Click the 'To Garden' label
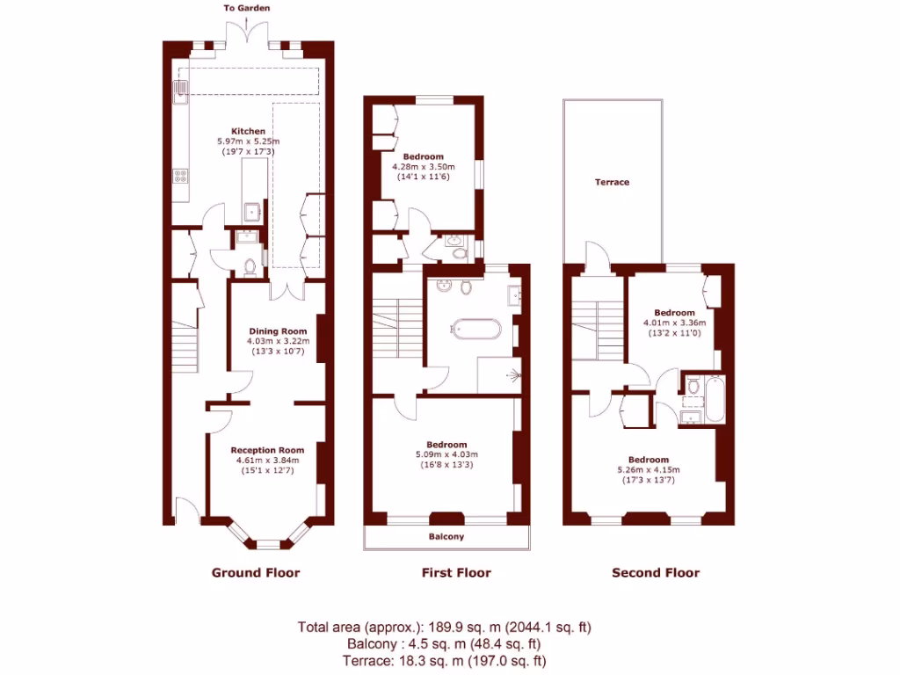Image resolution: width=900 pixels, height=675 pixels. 246,8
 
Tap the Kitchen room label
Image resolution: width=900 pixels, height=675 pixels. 248,131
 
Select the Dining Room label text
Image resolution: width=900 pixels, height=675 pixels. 275,331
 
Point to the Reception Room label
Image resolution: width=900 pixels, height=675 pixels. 267,450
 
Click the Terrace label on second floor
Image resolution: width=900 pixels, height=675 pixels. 612,182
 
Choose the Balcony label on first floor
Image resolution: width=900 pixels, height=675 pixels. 446,536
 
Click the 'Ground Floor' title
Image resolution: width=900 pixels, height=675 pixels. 256,573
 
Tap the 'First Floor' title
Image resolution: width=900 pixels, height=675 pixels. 456,573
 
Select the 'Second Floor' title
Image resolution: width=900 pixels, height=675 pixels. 656,573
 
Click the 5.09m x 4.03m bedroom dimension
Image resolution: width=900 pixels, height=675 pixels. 446,454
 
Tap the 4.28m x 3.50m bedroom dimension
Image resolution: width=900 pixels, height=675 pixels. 423,167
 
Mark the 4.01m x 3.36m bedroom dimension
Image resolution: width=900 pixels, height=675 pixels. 674,323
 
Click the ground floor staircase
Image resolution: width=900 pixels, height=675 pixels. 185,343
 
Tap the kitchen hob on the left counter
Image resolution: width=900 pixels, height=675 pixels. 180,175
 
